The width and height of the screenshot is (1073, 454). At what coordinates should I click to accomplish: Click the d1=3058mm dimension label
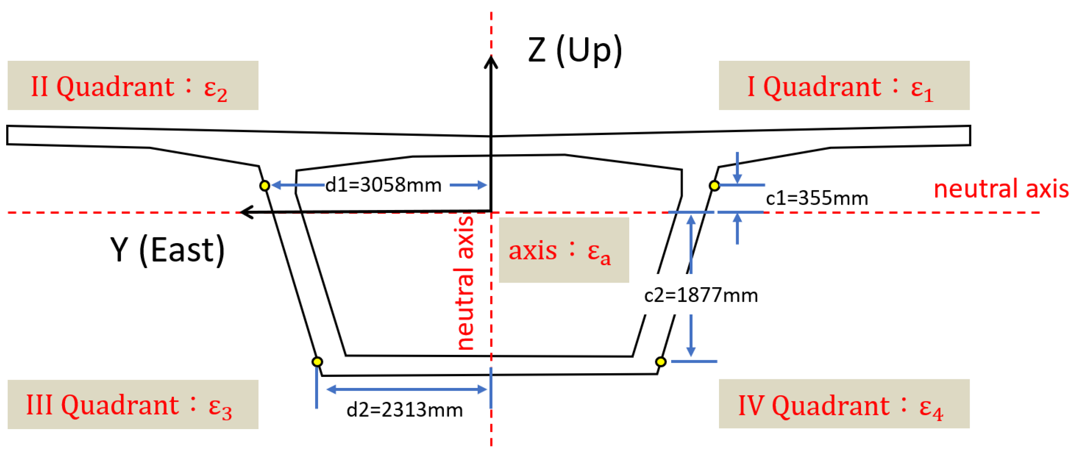click(x=383, y=185)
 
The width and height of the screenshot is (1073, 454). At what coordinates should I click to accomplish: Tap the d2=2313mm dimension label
click(x=405, y=410)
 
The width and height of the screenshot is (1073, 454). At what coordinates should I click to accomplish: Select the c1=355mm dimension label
click(x=817, y=199)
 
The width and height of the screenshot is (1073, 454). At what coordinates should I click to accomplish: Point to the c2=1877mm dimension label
click(x=701, y=295)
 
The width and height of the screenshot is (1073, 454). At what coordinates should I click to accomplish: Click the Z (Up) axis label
click(x=575, y=50)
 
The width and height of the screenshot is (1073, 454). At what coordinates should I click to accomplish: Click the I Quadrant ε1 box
click(x=844, y=85)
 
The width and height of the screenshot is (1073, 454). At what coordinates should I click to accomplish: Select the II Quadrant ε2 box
click(x=133, y=85)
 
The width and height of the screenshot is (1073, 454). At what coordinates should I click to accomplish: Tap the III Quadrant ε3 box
click(x=133, y=404)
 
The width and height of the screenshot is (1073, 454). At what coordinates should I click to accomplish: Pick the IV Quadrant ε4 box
click(x=844, y=404)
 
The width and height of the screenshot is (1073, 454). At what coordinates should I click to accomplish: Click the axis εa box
click(x=563, y=250)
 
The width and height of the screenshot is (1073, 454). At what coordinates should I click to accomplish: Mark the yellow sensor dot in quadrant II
click(x=265, y=186)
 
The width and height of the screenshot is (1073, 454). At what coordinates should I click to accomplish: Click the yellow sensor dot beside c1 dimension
click(x=715, y=186)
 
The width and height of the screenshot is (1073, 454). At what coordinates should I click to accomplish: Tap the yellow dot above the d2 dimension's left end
click(x=317, y=362)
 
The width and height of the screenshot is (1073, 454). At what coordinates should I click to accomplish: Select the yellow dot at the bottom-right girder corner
click(x=661, y=362)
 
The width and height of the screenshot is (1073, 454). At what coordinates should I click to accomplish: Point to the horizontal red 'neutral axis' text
click(x=1000, y=189)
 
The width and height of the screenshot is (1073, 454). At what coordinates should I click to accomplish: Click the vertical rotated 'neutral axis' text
click(x=465, y=283)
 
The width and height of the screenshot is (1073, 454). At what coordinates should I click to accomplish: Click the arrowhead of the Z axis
click(x=491, y=62)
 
